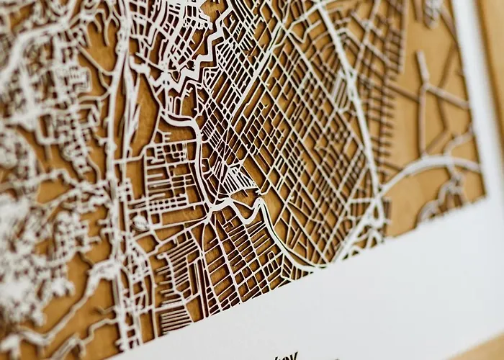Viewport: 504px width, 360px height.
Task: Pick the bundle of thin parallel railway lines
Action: point(130,108)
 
